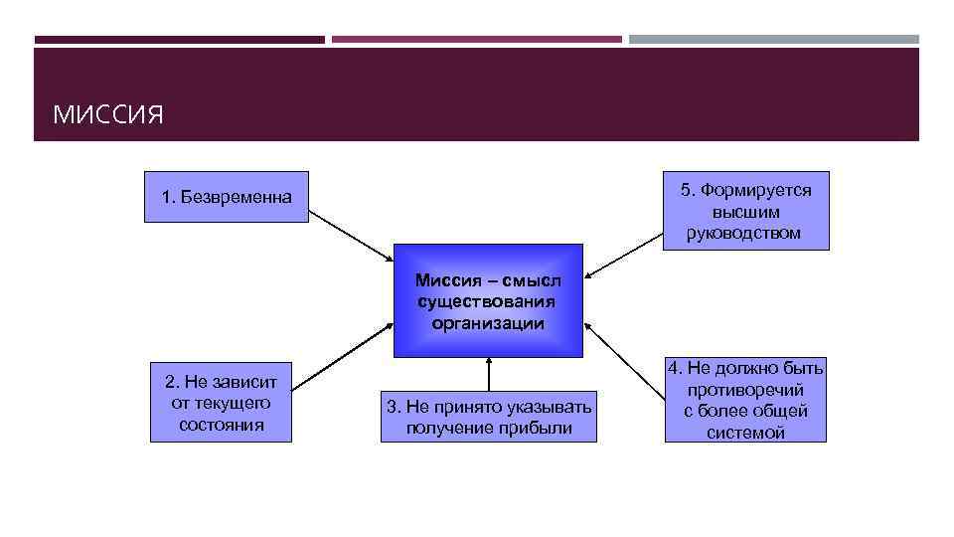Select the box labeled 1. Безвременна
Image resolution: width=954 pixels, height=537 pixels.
[227, 197]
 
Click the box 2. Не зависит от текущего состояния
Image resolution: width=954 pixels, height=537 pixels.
[221, 402]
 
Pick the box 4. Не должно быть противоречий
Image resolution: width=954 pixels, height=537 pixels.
[745, 401]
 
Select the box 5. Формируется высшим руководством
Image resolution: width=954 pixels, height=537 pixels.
[745, 212]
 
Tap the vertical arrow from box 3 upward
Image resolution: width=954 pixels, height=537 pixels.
[489, 376]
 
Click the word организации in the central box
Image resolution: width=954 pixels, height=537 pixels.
[488, 323]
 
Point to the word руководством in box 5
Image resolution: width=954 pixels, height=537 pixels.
[743, 234]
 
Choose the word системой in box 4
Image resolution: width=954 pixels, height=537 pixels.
[745, 433]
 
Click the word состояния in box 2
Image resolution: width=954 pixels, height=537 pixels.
[222, 425]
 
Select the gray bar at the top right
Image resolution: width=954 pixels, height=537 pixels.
[774, 40]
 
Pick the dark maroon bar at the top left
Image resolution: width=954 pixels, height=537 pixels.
[179, 40]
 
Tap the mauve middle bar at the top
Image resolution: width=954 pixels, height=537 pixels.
[477, 40]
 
